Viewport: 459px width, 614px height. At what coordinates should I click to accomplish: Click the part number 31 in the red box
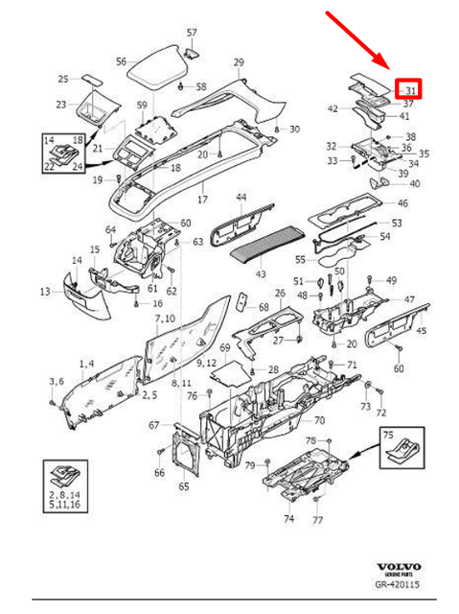410,91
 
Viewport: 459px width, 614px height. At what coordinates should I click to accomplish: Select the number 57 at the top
191,33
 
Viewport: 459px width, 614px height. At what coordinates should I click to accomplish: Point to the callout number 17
202,200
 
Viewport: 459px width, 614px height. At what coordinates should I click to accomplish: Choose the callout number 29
238,62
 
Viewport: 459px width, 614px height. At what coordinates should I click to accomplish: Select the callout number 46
402,203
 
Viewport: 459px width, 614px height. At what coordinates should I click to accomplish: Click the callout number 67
153,426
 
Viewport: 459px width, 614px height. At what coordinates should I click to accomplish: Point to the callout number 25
63,80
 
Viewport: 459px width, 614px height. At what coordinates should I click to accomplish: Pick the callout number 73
364,407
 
